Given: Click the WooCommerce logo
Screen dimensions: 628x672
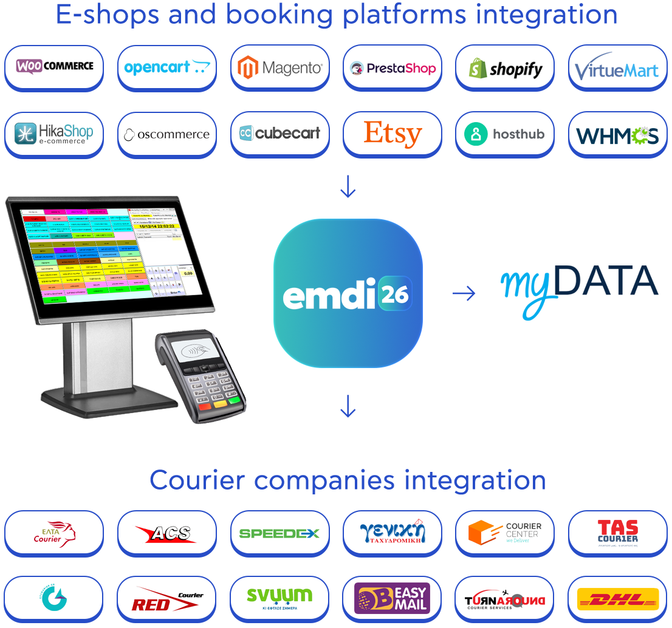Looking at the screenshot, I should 54,67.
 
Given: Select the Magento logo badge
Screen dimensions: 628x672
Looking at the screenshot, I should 280,67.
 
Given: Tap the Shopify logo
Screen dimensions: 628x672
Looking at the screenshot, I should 505,68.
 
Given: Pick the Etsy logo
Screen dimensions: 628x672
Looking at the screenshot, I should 393,134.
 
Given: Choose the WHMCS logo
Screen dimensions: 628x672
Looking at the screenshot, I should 617,135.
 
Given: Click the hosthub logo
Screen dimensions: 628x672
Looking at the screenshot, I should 505,134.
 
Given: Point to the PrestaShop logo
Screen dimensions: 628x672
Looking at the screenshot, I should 393,68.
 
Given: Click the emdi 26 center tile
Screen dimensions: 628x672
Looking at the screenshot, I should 348,293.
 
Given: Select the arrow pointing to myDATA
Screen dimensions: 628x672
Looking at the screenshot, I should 464,294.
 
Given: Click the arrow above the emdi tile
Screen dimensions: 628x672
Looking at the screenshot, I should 348,187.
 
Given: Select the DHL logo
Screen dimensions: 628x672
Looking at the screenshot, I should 617,599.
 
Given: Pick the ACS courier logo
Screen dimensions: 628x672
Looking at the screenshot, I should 166,533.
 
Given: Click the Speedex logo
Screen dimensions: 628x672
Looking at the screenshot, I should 279,533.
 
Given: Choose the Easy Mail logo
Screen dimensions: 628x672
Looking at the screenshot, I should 393,599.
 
